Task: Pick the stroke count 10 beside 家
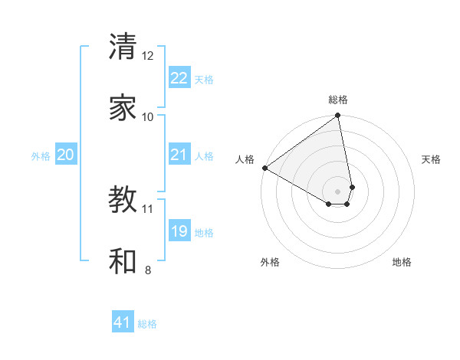click(148, 116)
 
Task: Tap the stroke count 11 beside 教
click(148, 208)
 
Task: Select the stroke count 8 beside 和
click(148, 270)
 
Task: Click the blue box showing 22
click(179, 78)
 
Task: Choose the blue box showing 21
click(179, 155)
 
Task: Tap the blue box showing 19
click(179, 231)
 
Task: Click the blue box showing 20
click(66, 155)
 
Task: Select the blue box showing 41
click(123, 322)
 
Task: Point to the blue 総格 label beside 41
click(147, 324)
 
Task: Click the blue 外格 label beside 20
click(41, 156)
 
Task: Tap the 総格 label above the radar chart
click(338, 100)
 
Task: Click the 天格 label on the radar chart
click(431, 159)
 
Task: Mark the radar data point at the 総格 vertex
click(338, 116)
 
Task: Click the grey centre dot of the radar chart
click(338, 190)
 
